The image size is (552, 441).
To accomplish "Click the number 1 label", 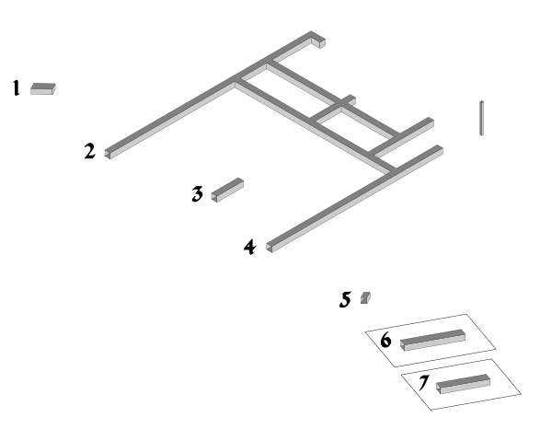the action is (x=16, y=87).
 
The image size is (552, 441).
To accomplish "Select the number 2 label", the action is (x=90, y=151).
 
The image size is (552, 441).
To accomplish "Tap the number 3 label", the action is (x=198, y=193).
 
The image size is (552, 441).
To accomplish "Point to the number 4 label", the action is (x=250, y=247).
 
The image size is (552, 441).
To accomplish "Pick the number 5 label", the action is (x=345, y=299).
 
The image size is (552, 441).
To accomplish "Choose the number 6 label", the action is (x=385, y=341).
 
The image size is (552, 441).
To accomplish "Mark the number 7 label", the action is (x=424, y=383).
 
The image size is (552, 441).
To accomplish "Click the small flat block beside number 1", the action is (x=43, y=88).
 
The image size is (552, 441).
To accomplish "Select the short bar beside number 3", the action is (x=227, y=190).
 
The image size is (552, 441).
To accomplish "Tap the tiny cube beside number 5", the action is (x=365, y=297).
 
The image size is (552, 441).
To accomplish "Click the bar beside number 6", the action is (x=432, y=340).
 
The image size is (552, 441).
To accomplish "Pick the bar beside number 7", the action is (x=463, y=384).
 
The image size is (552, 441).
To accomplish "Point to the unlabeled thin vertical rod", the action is (x=481, y=118).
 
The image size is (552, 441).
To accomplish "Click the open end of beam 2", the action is (x=108, y=154).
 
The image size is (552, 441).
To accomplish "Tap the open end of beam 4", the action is (x=270, y=248).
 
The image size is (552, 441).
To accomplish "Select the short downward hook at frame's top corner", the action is (x=318, y=41).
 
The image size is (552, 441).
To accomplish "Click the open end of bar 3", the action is (x=214, y=197).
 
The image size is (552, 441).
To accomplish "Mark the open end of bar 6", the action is (x=403, y=345).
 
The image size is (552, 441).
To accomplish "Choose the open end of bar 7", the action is (x=439, y=389).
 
